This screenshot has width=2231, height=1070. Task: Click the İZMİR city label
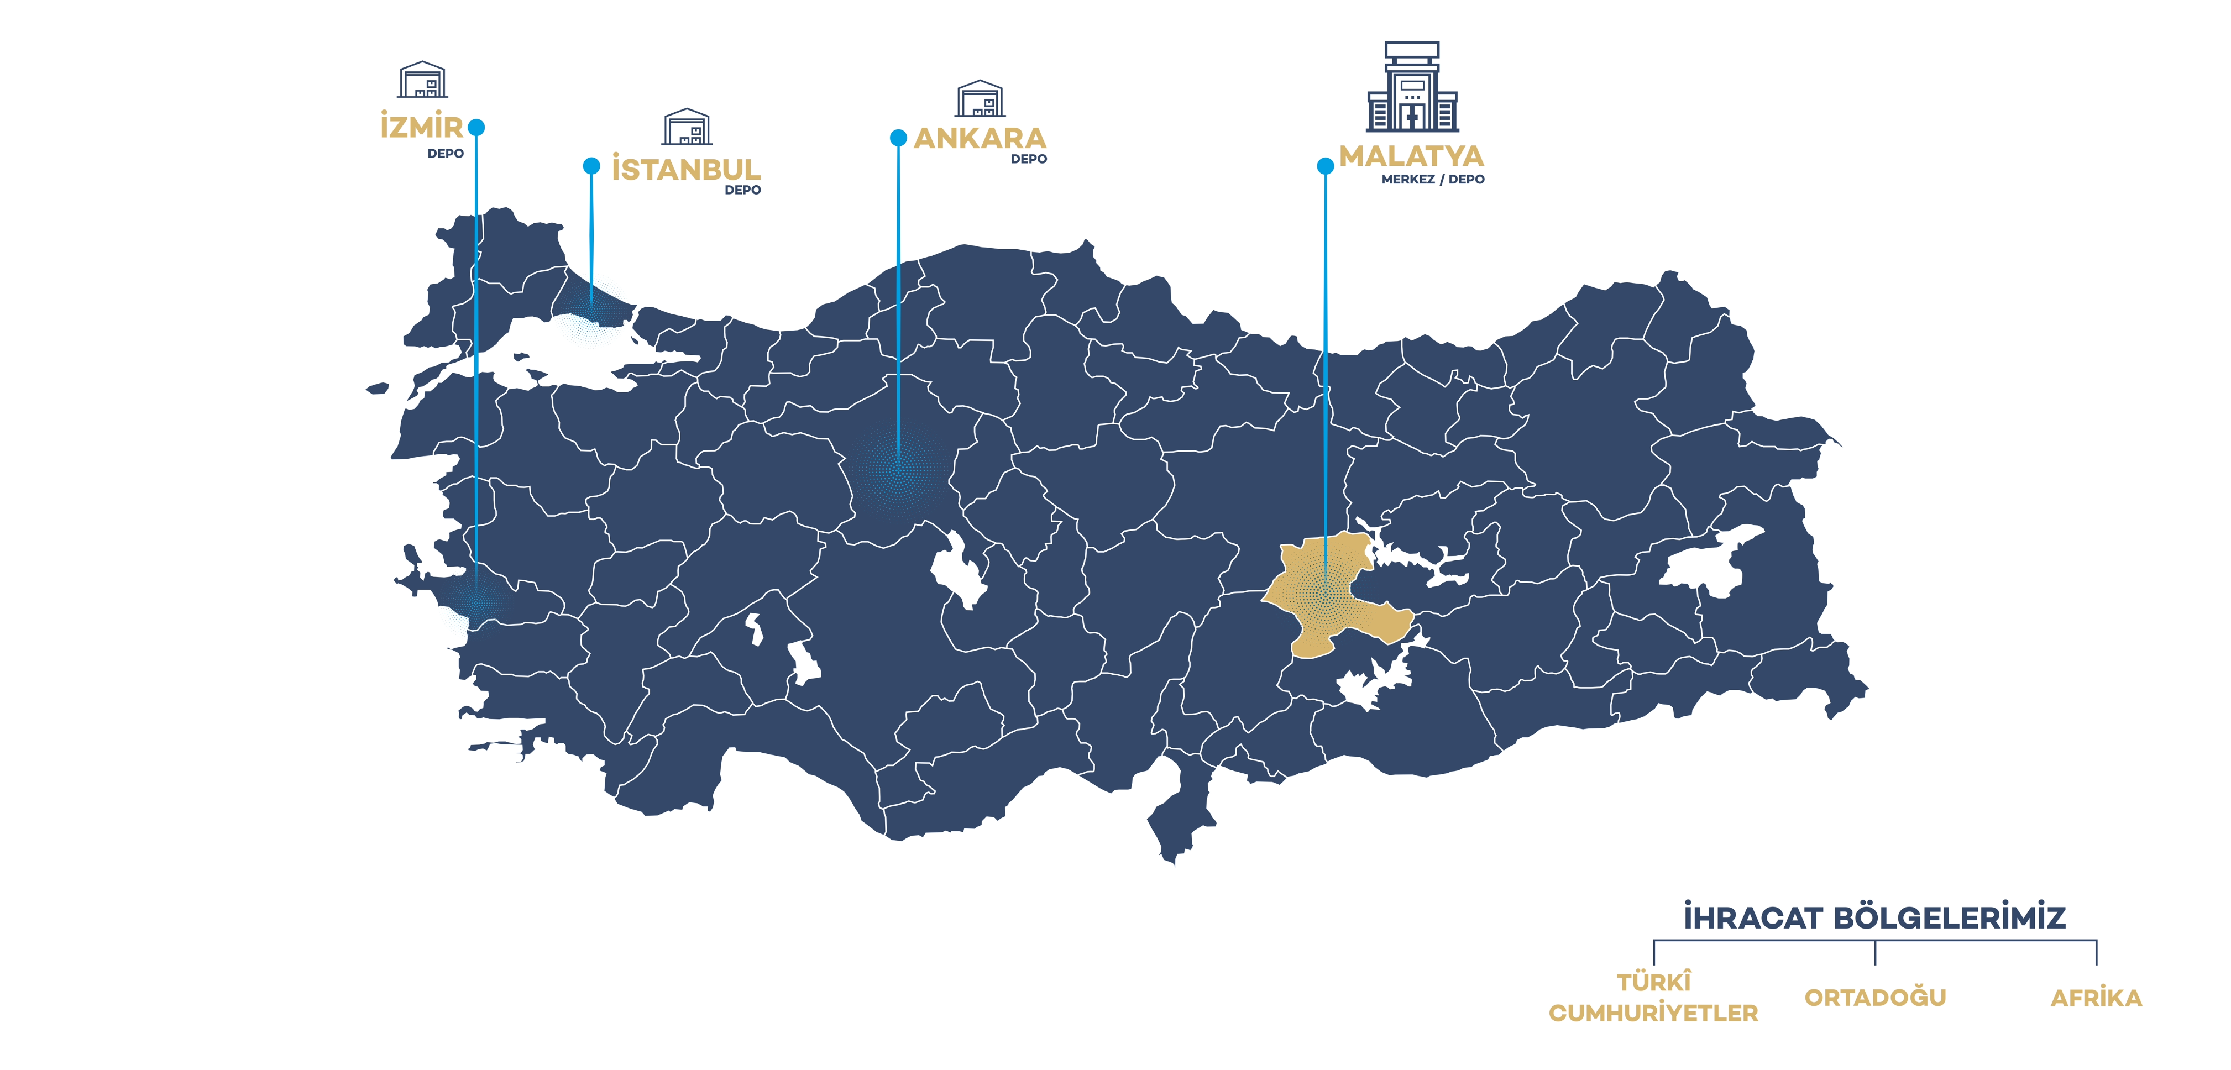pyautogui.click(x=422, y=127)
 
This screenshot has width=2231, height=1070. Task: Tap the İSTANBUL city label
pyautogui.click(x=686, y=169)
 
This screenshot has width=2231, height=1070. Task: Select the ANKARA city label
pyautogui.click(x=980, y=138)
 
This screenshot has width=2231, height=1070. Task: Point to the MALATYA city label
pyautogui.click(x=1411, y=156)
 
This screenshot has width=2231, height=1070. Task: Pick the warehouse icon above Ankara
pyautogui.click(x=980, y=99)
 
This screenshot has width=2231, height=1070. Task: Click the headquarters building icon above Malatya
pyautogui.click(x=1412, y=87)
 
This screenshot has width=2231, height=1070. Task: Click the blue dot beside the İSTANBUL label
pyautogui.click(x=591, y=165)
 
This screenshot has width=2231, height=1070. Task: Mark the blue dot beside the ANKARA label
pyautogui.click(x=898, y=138)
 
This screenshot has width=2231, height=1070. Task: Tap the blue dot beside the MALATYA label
pyautogui.click(x=1325, y=165)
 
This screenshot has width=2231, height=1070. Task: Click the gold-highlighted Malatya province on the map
pyautogui.click(x=1325, y=597)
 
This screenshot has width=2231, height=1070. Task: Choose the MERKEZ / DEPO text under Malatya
pyautogui.click(x=1432, y=179)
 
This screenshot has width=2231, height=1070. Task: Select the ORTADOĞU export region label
pyautogui.click(x=1875, y=997)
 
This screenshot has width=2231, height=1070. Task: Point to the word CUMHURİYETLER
pyautogui.click(x=1653, y=1013)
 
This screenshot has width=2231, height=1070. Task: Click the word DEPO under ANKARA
pyautogui.click(x=1029, y=159)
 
